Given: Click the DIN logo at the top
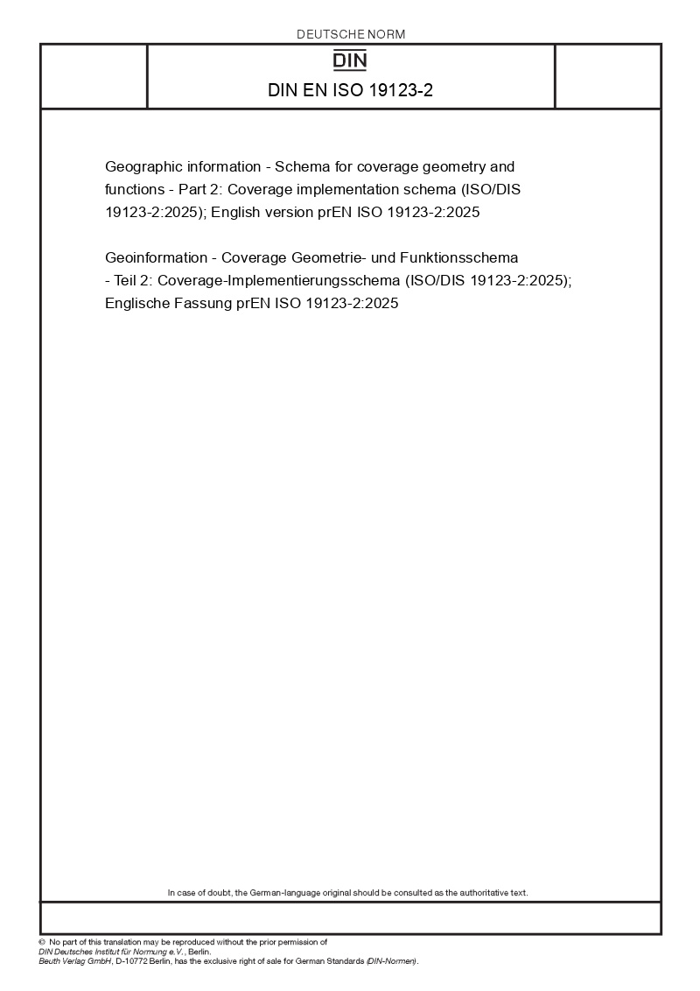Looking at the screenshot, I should (x=351, y=61).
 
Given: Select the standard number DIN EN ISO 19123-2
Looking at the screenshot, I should (x=350, y=90).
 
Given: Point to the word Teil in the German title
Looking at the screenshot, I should (x=128, y=280).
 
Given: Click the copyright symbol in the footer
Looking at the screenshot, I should (x=41, y=942).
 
